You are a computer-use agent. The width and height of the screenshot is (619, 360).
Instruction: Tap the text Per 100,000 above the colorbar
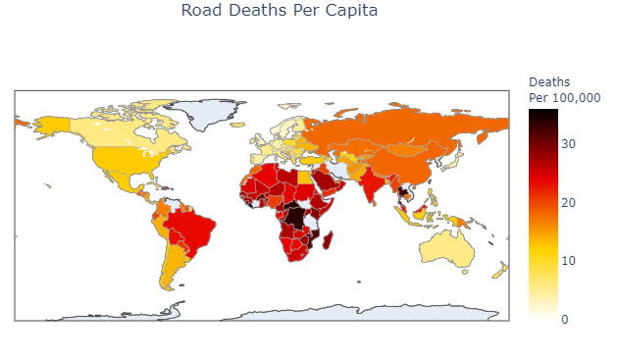564,97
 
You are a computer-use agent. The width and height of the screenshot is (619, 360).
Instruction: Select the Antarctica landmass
294,312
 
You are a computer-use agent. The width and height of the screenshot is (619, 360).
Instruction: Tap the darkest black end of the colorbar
542,112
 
